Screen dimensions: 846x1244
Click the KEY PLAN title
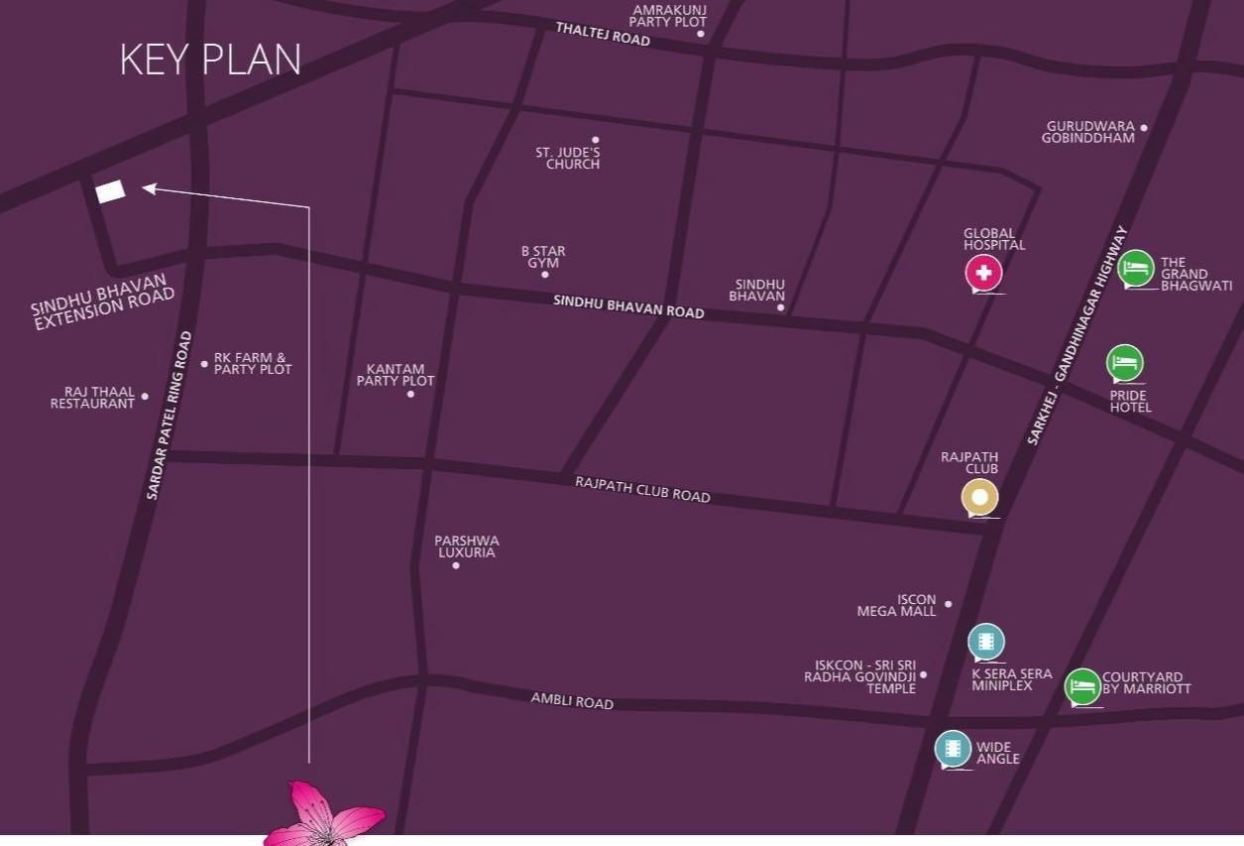(210, 60)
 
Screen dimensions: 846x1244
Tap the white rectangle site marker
(110, 191)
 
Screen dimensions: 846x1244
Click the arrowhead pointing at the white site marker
(150, 187)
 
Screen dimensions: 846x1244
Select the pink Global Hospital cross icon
(983, 273)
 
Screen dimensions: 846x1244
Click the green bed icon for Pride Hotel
(1124, 363)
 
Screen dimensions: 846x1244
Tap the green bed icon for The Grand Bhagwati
(1136, 268)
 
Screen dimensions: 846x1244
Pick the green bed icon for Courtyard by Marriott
(1082, 686)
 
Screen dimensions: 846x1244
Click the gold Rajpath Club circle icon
(979, 497)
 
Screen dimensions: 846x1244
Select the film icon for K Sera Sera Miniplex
(985, 642)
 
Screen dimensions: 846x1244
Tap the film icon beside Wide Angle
(953, 749)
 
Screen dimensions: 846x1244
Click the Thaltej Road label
(603, 34)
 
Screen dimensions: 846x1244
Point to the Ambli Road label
(572, 701)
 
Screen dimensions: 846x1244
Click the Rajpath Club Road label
(642, 489)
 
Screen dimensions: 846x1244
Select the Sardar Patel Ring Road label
(169, 415)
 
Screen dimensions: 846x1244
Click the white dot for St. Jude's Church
(596, 140)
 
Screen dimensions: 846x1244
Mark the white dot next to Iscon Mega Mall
(949, 604)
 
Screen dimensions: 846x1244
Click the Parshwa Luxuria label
(467, 546)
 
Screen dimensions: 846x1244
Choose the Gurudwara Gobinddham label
(1089, 132)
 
